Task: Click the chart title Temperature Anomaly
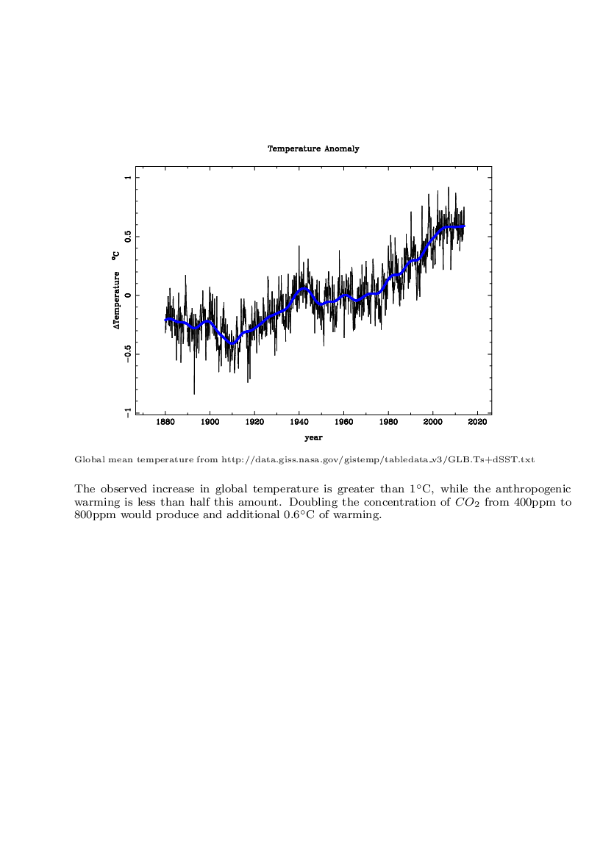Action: pyautogui.click(x=313, y=148)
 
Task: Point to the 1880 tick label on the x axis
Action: pyautogui.click(x=165, y=422)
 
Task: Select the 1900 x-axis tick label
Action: pyautogui.click(x=210, y=422)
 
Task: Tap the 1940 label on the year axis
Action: pyautogui.click(x=299, y=422)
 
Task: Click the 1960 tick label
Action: pyautogui.click(x=344, y=422)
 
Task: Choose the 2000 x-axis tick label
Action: pyautogui.click(x=433, y=422)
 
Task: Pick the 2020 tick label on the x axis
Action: pyautogui.click(x=477, y=422)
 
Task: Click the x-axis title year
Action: pyautogui.click(x=313, y=438)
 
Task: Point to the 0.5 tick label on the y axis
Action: pyautogui.click(x=128, y=237)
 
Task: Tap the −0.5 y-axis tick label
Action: pyautogui.click(x=128, y=354)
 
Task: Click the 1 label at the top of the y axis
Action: pyautogui.click(x=128, y=178)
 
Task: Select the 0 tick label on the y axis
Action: pyautogui.click(x=128, y=295)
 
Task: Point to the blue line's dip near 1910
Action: pyautogui.click(x=232, y=344)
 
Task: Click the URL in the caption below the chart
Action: pyautogui.click(x=378, y=460)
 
